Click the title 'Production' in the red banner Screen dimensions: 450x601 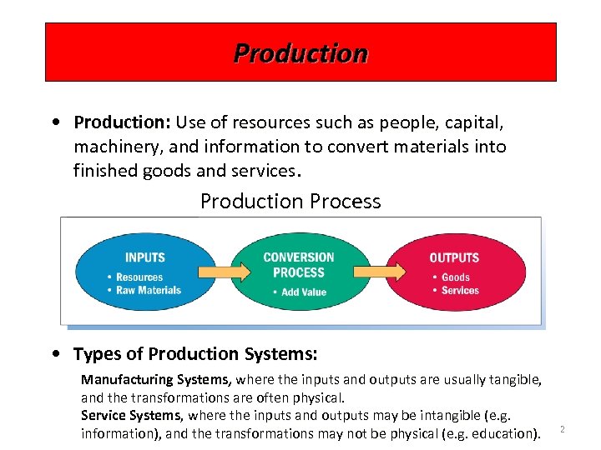tap(300, 53)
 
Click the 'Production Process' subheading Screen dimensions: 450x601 tap(290, 202)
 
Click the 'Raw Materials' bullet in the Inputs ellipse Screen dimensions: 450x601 tap(149, 290)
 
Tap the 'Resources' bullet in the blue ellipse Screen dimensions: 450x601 tap(139, 277)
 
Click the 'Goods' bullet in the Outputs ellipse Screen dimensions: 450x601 tap(456, 277)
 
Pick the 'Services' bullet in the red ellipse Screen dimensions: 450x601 tap(460, 290)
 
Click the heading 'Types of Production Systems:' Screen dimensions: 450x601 tap(195, 354)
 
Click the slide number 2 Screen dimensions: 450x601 tap(562, 429)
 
